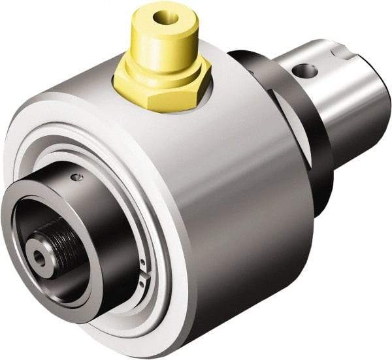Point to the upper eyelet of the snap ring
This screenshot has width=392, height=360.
coord(142,263)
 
